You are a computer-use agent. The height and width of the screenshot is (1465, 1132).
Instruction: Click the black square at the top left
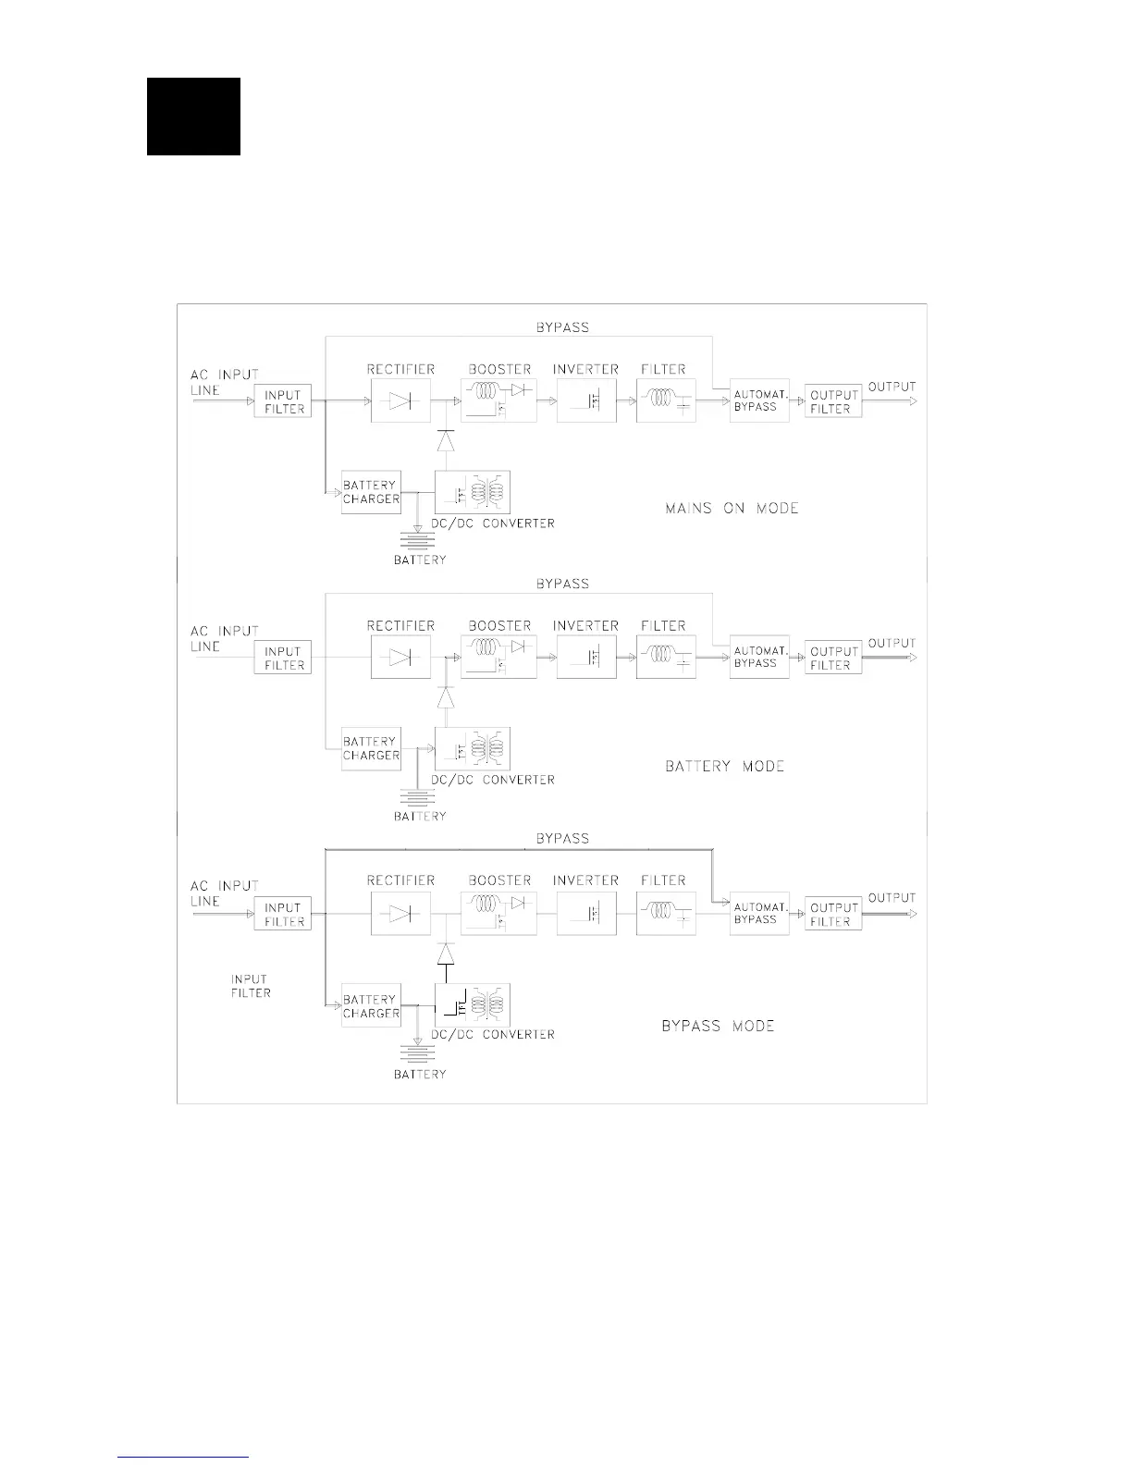pyautogui.click(x=193, y=117)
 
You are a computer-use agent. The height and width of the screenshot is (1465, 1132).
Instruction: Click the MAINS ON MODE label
pyautogui.click(x=732, y=508)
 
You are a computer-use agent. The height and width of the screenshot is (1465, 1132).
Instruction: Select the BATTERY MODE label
pyautogui.click(x=724, y=766)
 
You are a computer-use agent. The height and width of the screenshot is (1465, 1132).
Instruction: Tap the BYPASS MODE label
pyautogui.click(x=718, y=1026)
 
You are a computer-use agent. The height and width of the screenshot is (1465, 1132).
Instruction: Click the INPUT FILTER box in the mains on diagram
pyautogui.click(x=283, y=401)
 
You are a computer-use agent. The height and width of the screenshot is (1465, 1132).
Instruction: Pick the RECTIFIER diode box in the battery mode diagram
pyautogui.click(x=400, y=658)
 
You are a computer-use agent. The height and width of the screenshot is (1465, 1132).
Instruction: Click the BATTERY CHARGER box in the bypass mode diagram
pyautogui.click(x=371, y=1006)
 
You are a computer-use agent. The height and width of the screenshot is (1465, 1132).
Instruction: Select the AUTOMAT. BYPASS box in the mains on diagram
pyautogui.click(x=758, y=400)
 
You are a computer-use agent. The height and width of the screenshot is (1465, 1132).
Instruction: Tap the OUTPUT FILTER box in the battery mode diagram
pyautogui.click(x=833, y=658)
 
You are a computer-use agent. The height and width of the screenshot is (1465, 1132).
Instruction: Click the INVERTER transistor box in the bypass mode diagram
pyautogui.click(x=586, y=913)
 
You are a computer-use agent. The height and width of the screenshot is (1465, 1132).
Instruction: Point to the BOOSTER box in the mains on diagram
pyautogui.click(x=498, y=401)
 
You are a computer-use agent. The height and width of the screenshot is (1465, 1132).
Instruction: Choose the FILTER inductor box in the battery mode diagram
pyautogui.click(x=666, y=658)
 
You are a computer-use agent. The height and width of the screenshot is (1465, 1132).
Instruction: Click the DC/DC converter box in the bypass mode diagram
pyautogui.click(x=473, y=1005)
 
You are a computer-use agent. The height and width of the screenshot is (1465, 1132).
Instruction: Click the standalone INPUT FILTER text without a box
pyautogui.click(x=251, y=986)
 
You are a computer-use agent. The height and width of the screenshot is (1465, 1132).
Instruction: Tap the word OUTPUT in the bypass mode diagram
pyautogui.click(x=892, y=897)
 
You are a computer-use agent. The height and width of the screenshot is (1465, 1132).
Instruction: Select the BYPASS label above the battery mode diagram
pyautogui.click(x=562, y=584)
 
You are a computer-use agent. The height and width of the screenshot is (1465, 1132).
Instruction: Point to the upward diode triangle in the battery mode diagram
pyautogui.click(x=446, y=697)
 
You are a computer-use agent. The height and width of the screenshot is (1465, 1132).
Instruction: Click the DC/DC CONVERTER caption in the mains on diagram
pyautogui.click(x=492, y=523)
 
